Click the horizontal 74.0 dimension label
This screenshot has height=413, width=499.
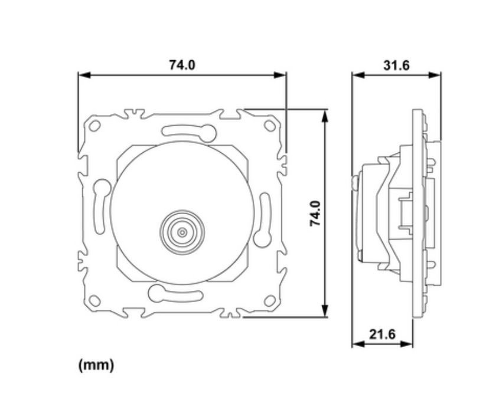click(182, 65)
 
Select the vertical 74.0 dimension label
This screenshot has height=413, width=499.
click(315, 214)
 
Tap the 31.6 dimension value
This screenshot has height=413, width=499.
click(396, 65)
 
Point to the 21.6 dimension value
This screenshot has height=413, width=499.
click(382, 334)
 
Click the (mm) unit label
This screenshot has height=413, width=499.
click(96, 365)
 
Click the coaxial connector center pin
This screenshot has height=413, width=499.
click(182, 232)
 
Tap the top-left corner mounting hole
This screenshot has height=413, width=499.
click(94, 126)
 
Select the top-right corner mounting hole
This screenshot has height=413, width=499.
click(270, 126)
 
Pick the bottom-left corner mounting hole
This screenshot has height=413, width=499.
click(94, 300)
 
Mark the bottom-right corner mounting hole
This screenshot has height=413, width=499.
click(270, 300)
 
